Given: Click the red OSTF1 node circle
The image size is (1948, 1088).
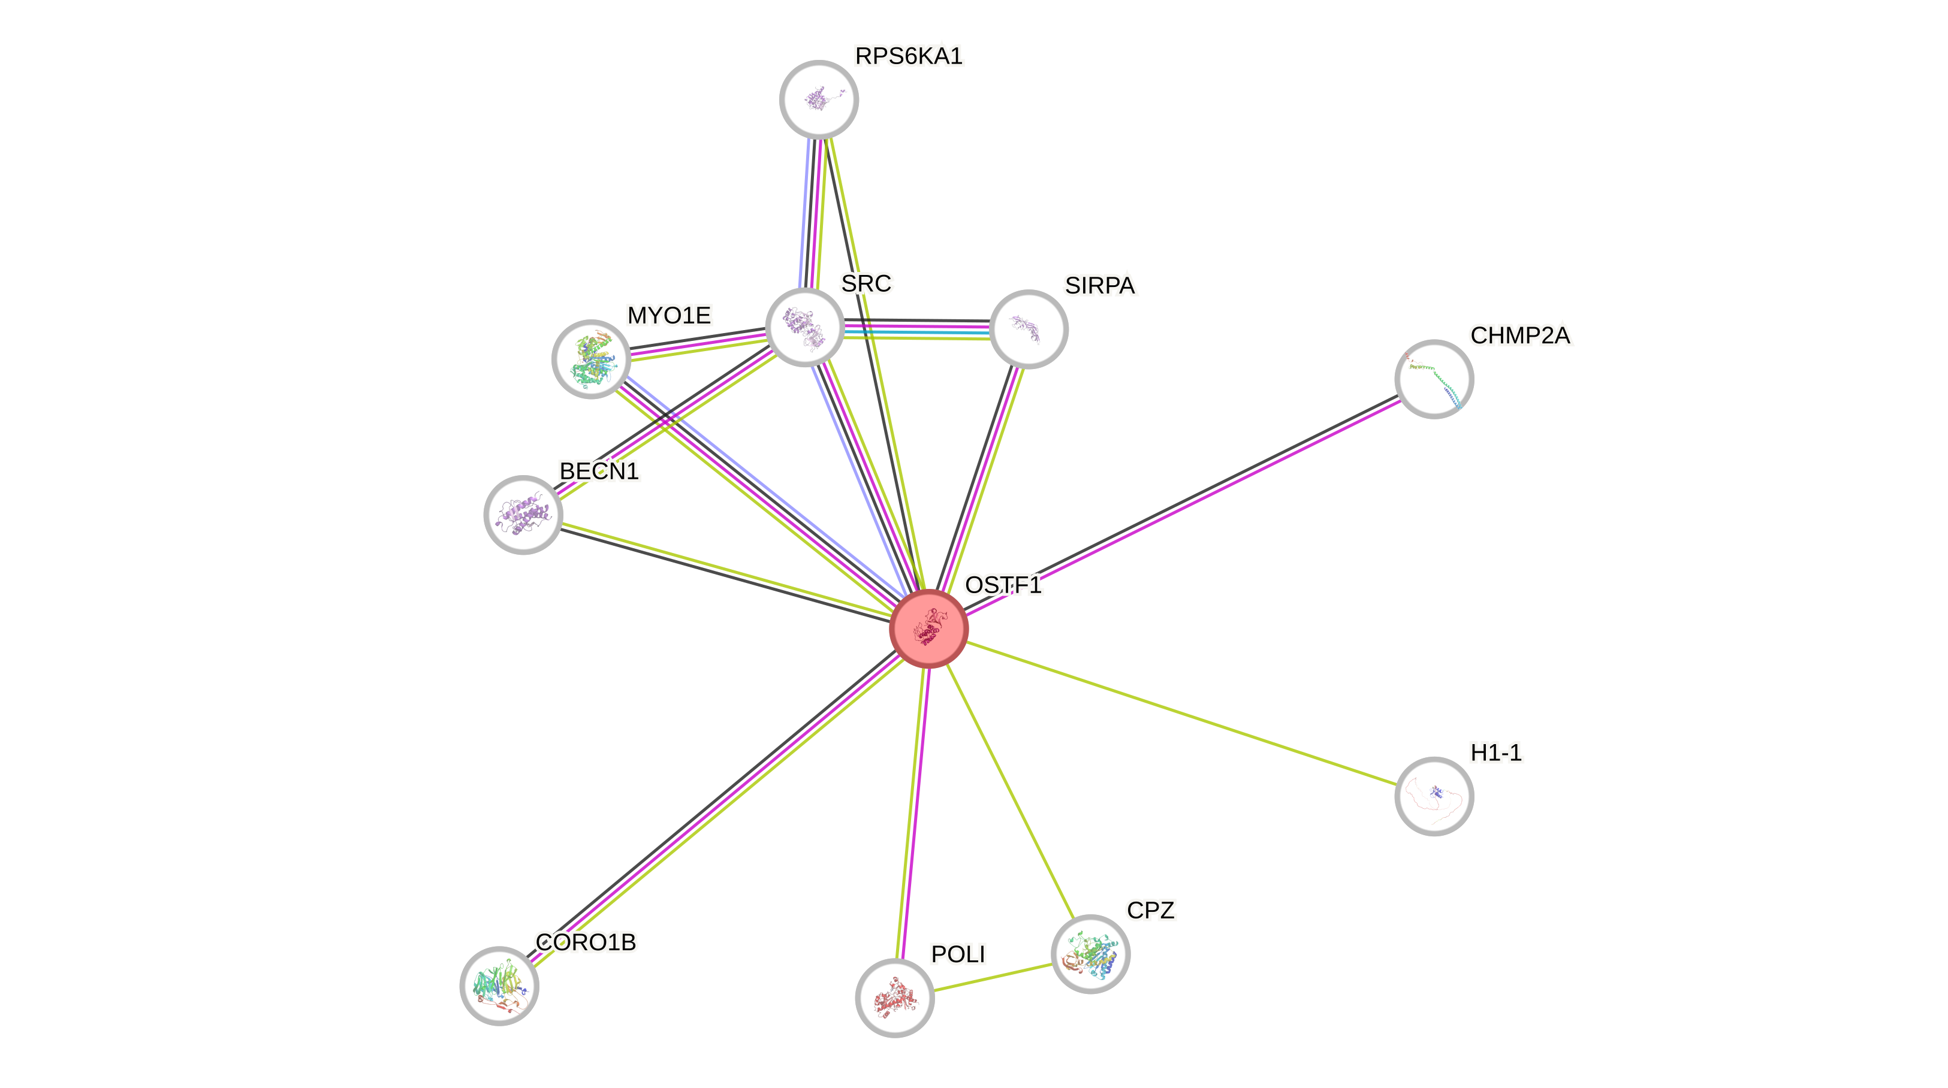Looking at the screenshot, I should tap(928, 628).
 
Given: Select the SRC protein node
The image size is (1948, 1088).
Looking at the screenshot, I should tap(804, 327).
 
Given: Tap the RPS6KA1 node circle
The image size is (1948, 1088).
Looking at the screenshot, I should tap(819, 99).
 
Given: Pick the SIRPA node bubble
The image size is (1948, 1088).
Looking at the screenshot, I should tap(1029, 329).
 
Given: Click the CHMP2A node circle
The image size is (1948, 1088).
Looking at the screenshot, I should tap(1434, 379).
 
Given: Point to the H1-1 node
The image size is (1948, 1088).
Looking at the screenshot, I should tap(1434, 796).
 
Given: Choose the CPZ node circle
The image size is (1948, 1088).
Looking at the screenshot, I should tap(1090, 954).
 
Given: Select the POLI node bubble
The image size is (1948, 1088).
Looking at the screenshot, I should tap(895, 998).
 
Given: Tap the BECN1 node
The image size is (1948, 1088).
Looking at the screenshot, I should tap(523, 515).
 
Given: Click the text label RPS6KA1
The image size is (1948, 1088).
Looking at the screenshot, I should tap(908, 56).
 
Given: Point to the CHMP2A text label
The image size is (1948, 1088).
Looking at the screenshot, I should tap(1520, 336).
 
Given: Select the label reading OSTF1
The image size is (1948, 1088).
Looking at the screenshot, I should tap(1003, 585).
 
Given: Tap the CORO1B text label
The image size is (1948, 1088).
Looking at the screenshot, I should tap(586, 942).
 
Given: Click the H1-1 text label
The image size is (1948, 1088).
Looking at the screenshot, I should tap(1496, 752).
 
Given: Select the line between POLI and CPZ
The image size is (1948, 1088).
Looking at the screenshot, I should tap(993, 977).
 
